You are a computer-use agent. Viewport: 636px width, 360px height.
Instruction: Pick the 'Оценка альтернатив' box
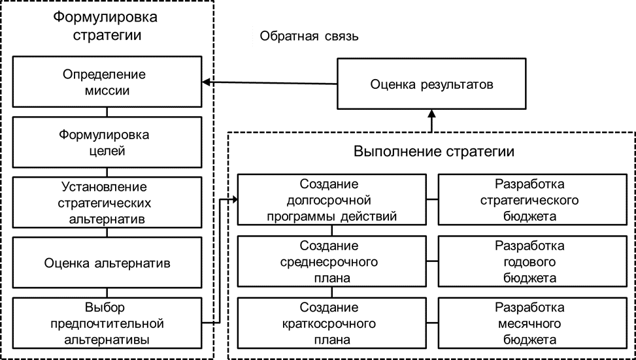click(108, 264)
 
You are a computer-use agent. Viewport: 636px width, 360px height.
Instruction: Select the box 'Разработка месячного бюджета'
click(530, 323)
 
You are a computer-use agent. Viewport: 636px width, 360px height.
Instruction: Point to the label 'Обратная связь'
click(309, 36)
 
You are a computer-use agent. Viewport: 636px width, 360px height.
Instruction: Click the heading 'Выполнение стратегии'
click(434, 152)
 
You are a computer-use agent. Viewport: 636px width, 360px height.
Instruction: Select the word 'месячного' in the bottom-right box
click(530, 323)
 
